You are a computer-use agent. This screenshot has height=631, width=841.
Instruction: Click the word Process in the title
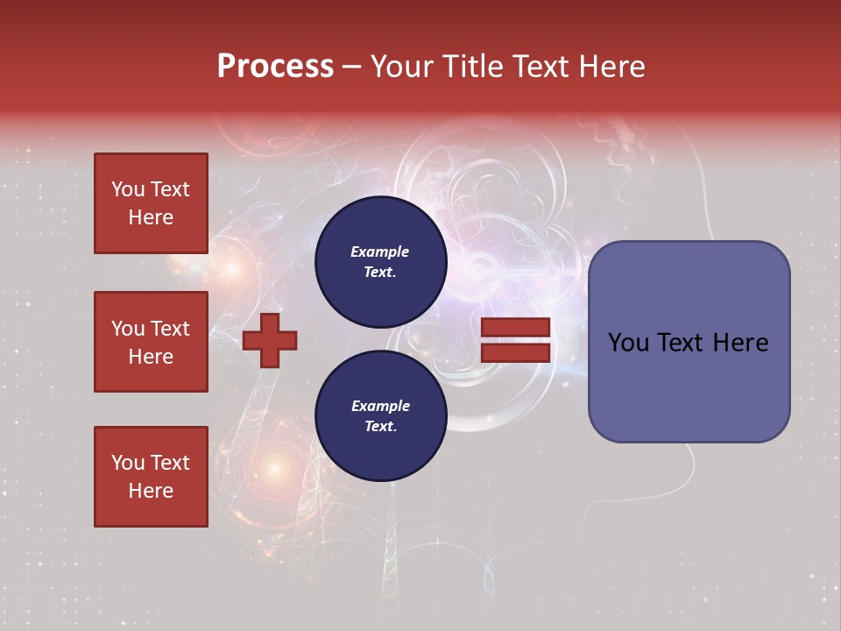(x=275, y=67)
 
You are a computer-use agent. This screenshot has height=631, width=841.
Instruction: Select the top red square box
(x=151, y=203)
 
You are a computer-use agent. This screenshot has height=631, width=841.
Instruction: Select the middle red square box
(x=151, y=342)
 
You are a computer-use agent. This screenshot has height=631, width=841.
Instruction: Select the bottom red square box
(x=151, y=476)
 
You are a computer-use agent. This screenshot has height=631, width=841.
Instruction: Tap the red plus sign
(x=270, y=341)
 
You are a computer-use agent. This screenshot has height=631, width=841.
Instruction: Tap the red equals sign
(x=516, y=340)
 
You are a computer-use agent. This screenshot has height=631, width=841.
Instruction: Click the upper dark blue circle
(x=380, y=261)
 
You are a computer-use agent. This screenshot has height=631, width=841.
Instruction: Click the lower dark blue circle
(x=380, y=415)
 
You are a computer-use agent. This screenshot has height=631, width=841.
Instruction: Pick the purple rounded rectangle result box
(x=689, y=342)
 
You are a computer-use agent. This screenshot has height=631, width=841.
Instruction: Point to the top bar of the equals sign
(x=516, y=327)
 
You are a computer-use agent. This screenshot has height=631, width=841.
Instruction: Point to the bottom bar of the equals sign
(x=516, y=352)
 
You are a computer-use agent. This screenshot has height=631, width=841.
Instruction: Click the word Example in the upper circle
(x=380, y=252)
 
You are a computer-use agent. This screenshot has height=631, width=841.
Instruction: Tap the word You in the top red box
(x=128, y=189)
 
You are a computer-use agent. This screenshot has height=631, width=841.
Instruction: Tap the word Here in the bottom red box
(x=151, y=491)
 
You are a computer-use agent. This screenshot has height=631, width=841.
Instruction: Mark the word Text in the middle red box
(x=170, y=329)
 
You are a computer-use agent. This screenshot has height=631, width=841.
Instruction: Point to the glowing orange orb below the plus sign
(x=275, y=470)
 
